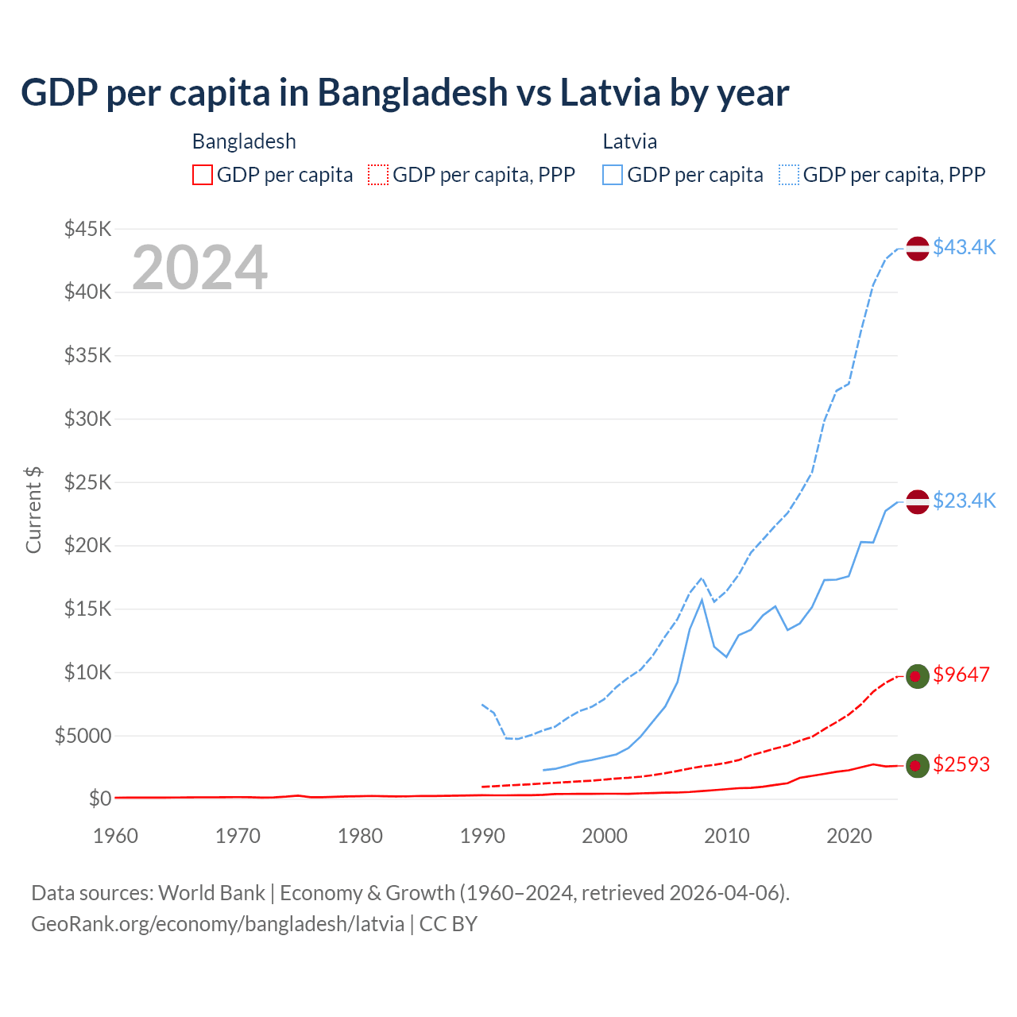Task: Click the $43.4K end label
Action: point(964,247)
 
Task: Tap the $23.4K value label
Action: point(964,501)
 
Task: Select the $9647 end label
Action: point(961,675)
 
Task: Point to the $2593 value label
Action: point(961,764)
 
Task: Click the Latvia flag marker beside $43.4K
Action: point(918,248)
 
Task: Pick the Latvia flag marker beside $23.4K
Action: point(918,501)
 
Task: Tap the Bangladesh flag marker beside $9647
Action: point(918,675)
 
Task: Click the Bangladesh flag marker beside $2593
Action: point(918,765)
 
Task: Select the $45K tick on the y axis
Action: point(87,229)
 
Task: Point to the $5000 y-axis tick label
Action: point(83,736)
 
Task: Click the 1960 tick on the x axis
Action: point(116,836)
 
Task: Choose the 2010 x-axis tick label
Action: point(727,836)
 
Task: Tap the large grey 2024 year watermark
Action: point(199,268)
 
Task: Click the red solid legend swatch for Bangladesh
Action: point(203,175)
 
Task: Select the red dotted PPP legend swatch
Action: point(378,175)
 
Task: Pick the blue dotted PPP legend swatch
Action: point(789,175)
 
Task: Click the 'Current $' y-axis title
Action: point(33,510)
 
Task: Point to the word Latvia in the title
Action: point(610,92)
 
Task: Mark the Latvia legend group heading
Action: point(629,141)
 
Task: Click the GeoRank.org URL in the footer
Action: point(218,924)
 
